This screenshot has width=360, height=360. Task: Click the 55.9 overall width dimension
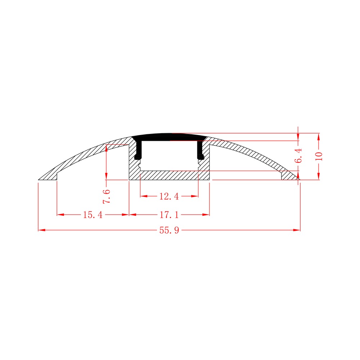[169, 230]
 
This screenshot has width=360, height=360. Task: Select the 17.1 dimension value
[169, 215]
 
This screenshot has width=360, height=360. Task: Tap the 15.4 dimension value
[93, 215]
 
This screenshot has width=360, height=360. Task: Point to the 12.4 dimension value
[169, 196]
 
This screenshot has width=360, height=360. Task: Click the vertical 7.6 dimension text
[107, 196]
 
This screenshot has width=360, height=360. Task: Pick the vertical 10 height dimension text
[319, 156]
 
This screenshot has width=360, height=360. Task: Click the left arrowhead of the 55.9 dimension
[41, 230]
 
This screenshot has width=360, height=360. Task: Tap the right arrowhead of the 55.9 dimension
[297, 230]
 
